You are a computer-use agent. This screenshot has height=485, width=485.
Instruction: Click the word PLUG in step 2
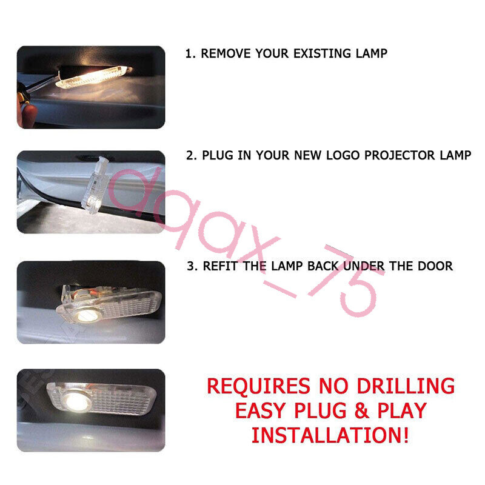(x=218, y=155)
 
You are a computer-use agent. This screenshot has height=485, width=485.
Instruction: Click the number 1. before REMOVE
(x=190, y=53)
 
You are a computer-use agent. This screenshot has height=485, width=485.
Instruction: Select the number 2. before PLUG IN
(x=191, y=155)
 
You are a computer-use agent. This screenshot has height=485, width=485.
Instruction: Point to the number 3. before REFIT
(x=191, y=266)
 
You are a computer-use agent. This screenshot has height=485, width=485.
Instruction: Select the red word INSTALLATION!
(x=330, y=435)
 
